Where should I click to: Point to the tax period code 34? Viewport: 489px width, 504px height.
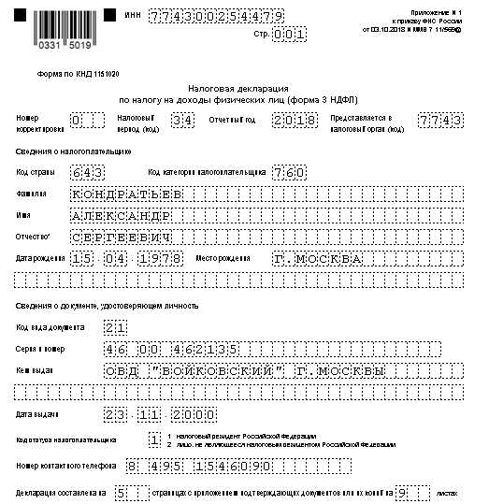coord(182,120)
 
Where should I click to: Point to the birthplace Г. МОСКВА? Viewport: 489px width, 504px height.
coord(317,257)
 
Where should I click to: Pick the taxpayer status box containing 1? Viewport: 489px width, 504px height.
coord(154,439)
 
